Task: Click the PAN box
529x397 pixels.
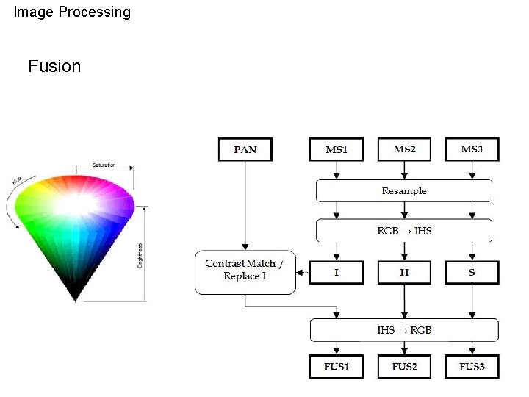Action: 245,149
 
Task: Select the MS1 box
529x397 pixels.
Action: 336,149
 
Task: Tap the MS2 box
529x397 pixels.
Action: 404,149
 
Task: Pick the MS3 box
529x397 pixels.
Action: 472,149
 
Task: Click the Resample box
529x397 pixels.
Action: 403,190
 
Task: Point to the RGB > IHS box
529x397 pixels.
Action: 403,230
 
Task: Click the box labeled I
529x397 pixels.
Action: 336,273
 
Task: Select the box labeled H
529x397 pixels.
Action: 404,273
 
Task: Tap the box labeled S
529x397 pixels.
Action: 472,273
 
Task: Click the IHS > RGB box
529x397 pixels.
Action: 403,330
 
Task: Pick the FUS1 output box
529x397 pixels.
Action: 336,366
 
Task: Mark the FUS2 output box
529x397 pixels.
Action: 404,366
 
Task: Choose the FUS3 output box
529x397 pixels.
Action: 472,366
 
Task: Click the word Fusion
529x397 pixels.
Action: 54,66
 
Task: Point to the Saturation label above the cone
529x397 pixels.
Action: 104,165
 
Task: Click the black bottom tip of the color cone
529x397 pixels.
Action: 75,296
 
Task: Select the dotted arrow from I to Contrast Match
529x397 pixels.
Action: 302,273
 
